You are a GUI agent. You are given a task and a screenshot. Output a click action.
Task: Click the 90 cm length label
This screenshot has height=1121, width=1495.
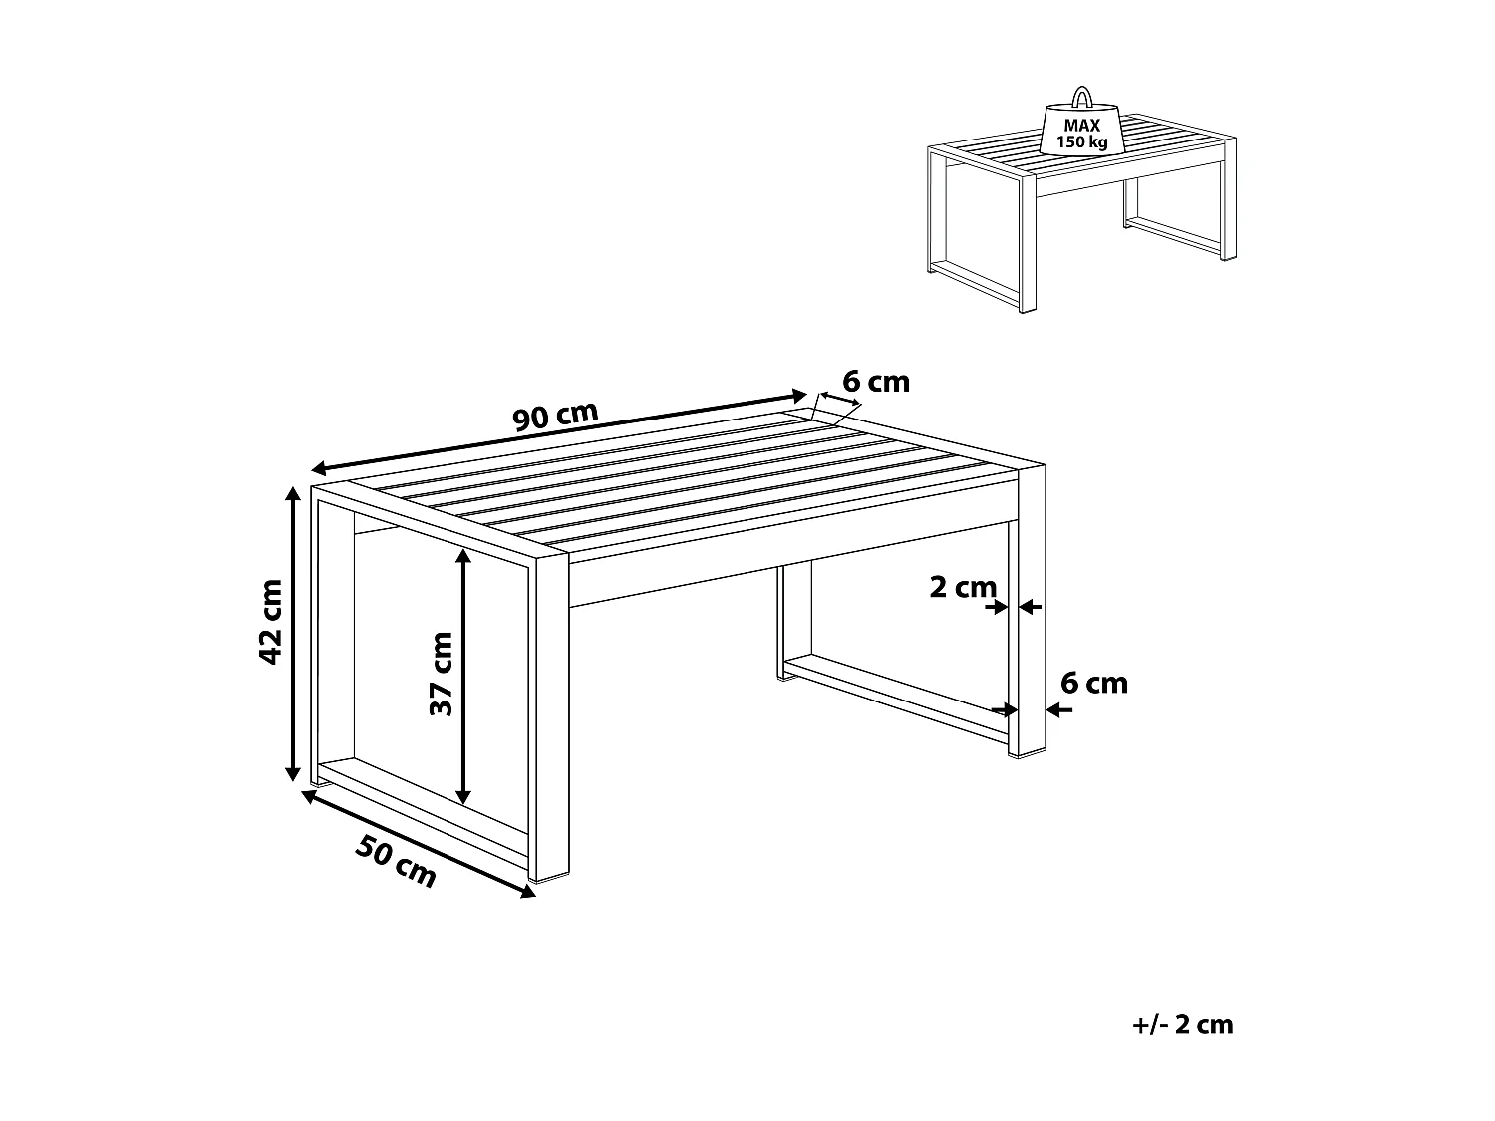(x=556, y=416)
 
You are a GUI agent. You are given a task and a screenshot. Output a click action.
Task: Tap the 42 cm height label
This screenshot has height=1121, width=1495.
(x=270, y=620)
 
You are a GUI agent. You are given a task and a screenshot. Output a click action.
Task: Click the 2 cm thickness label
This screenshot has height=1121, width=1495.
(x=962, y=587)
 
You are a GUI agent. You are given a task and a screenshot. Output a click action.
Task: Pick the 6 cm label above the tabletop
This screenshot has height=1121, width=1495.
(x=876, y=382)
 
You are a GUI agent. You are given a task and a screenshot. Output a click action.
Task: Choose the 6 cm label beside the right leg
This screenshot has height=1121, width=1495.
(x=1093, y=683)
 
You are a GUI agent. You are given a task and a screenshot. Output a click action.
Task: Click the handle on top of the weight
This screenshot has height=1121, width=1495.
(x=1080, y=97)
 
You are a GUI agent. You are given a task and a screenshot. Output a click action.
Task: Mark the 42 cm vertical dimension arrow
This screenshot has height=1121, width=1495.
(x=293, y=634)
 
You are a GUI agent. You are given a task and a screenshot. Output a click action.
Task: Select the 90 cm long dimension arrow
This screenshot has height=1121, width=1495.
(x=558, y=430)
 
